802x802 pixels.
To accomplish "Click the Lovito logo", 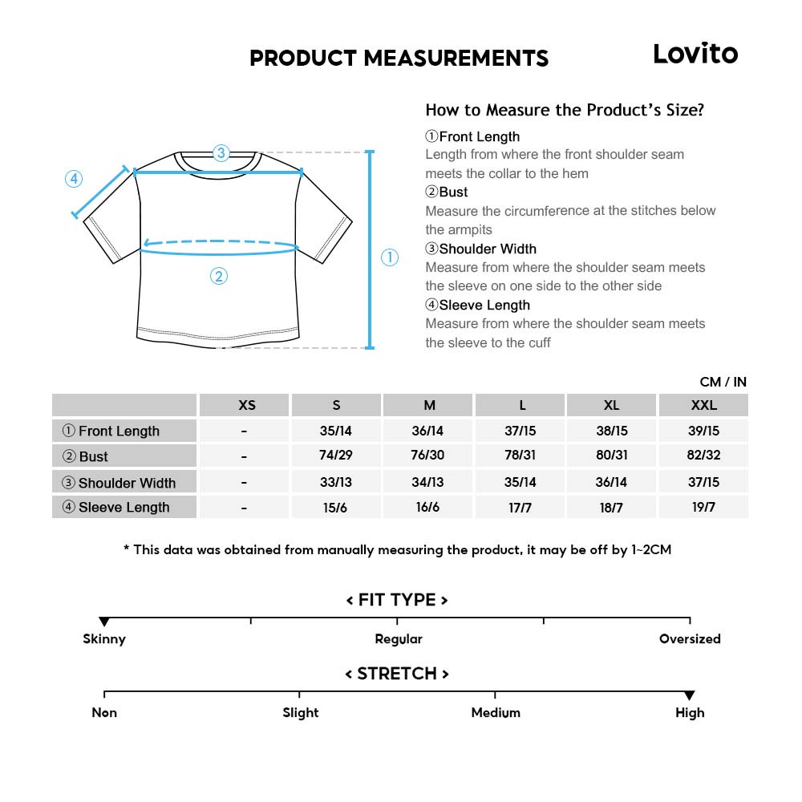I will point(695,54).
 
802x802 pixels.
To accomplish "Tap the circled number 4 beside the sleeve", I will point(74,179).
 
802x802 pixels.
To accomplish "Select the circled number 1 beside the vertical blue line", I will point(389,257).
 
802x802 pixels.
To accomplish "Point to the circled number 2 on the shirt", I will point(219,277).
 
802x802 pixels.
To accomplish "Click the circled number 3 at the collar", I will point(221,153).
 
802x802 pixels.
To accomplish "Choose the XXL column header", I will point(703,405).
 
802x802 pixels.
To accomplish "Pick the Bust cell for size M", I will point(427,456).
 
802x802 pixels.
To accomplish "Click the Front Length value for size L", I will point(520,431).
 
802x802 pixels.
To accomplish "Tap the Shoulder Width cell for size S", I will point(335,482).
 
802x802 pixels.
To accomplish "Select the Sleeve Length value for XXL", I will point(703,507).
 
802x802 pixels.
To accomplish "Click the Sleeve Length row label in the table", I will point(124,507).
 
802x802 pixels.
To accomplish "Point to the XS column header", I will point(247,405).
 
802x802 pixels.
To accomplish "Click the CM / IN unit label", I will point(723,382).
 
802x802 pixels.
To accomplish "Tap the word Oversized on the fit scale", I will point(690,639).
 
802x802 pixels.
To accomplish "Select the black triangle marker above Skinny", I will point(104,622).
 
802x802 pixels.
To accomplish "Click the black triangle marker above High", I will point(690,695).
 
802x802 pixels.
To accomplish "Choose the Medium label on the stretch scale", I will point(496,712).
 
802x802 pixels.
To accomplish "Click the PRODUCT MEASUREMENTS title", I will point(399,58).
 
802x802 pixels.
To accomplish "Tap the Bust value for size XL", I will point(612,456).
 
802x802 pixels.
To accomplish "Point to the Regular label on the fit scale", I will point(399,639).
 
